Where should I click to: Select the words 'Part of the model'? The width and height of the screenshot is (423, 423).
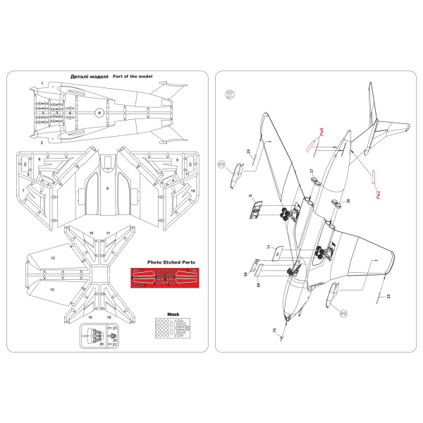pyautogui.click(x=132, y=76)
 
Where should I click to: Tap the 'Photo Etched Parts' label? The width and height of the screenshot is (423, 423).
pyautogui.click(x=171, y=262)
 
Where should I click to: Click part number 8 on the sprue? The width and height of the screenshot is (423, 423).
pyautogui.click(x=106, y=189)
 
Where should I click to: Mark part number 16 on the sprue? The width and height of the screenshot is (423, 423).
pyautogui.click(x=91, y=232)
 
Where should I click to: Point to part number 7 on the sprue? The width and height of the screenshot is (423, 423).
pyautogui.click(x=23, y=190)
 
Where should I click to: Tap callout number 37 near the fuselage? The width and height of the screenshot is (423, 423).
pyautogui.click(x=312, y=171)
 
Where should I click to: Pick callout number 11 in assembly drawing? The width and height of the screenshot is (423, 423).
pyautogui.click(x=268, y=246)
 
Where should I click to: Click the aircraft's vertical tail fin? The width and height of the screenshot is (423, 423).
pyautogui.click(x=371, y=113)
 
